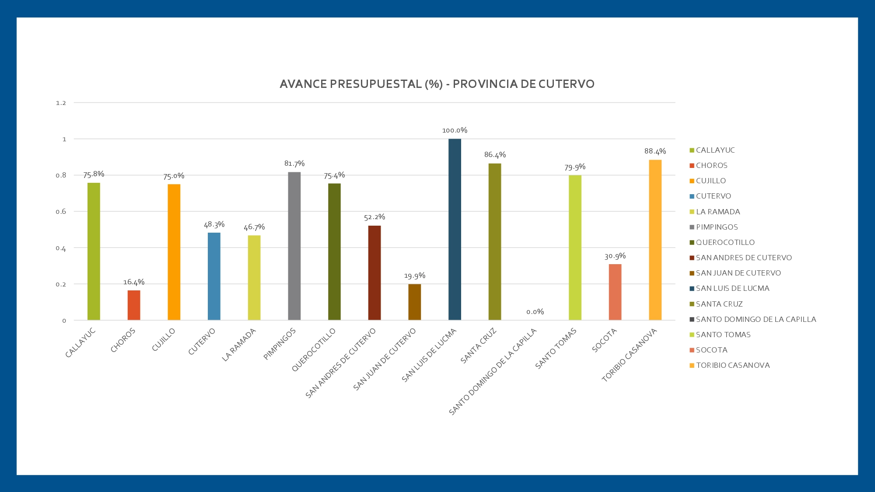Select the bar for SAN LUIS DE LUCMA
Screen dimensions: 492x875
(x=455, y=230)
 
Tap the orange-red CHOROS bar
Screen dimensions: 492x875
(x=134, y=305)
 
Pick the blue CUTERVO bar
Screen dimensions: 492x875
(x=214, y=276)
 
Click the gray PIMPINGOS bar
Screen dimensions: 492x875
(x=294, y=246)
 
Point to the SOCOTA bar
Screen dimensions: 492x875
(x=615, y=292)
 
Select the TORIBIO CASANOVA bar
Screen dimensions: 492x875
(x=655, y=240)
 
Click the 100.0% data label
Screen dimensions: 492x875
(x=455, y=130)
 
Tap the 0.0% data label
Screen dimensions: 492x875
(x=535, y=312)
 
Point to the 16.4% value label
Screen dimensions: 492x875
(x=134, y=282)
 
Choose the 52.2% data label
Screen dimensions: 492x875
(x=374, y=217)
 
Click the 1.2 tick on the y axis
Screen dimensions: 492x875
(x=61, y=103)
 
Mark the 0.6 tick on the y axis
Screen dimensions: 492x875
(x=61, y=212)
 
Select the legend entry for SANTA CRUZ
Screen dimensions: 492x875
(x=719, y=304)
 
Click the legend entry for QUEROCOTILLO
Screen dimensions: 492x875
(x=725, y=242)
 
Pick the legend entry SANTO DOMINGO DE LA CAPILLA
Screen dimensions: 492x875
(x=756, y=319)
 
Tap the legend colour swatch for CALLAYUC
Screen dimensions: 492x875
(x=692, y=150)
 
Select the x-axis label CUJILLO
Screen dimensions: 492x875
(x=164, y=340)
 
